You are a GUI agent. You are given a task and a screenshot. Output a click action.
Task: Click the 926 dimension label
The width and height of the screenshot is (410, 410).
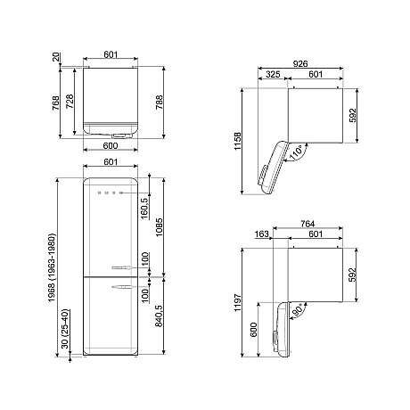[x=300, y=63]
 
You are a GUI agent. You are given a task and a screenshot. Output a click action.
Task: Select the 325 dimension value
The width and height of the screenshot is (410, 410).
[x=273, y=74]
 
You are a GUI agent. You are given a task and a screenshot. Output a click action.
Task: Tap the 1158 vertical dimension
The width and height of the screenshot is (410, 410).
[x=238, y=141]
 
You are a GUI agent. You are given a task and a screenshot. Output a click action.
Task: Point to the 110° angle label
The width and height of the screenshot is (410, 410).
[x=296, y=153]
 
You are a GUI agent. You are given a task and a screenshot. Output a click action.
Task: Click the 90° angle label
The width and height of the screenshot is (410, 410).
[x=298, y=309]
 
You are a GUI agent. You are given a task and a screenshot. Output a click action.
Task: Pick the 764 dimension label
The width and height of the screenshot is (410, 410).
[x=307, y=224]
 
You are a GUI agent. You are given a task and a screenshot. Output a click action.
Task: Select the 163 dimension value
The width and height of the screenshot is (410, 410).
[x=262, y=234]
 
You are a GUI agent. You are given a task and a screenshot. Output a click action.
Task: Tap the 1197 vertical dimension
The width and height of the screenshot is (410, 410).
[x=238, y=302]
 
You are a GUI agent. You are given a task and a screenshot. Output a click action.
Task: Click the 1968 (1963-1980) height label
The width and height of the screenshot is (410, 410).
[x=52, y=268]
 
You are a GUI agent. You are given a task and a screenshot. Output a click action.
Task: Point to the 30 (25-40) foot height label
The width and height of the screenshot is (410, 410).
[x=65, y=329]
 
